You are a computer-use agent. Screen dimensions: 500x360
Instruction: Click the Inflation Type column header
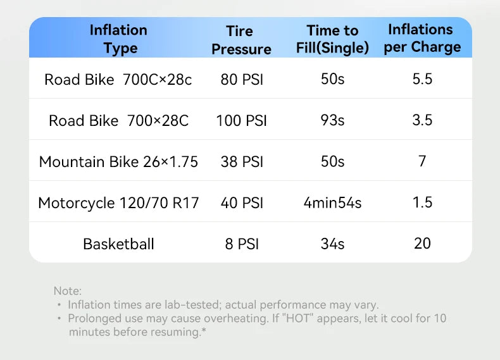click(118, 39)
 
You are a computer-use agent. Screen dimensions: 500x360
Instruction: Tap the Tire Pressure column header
click(241, 40)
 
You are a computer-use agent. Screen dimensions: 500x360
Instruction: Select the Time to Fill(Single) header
click(332, 39)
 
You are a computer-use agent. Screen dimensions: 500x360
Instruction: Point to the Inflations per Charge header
click(422, 38)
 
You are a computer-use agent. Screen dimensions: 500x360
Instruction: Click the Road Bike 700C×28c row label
click(118, 79)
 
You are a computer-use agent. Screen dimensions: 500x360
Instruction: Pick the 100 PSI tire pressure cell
click(241, 121)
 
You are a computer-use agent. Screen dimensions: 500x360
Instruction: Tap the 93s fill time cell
click(332, 120)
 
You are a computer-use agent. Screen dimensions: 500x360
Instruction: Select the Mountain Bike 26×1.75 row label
click(118, 162)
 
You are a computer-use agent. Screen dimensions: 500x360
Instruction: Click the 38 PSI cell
click(242, 162)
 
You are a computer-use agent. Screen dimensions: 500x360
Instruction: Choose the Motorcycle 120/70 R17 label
click(118, 203)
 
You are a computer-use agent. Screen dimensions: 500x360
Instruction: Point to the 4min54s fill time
click(332, 203)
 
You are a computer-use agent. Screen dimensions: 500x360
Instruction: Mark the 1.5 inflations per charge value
click(422, 202)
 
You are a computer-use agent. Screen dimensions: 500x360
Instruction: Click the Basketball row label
click(118, 244)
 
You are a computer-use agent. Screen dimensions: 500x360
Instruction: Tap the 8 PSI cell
click(242, 244)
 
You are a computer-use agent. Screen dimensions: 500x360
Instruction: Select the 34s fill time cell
click(332, 244)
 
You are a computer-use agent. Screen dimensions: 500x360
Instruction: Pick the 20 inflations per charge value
click(422, 244)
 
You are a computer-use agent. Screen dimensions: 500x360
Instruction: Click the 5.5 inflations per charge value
click(422, 79)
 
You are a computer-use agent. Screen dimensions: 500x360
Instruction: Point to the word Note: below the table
click(68, 291)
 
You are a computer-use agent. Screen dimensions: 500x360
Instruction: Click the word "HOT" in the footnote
click(298, 318)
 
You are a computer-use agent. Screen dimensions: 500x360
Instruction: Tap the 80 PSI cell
click(242, 79)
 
